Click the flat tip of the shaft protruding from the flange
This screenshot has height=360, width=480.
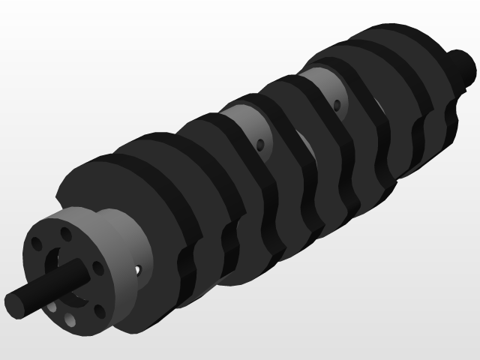(x=14, y=304)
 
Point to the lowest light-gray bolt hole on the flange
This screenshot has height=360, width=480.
(x=69, y=322)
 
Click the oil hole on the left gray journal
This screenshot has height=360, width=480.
(x=259, y=144)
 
